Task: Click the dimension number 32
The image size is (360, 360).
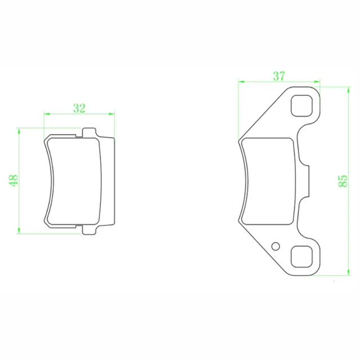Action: pyautogui.click(x=79, y=108)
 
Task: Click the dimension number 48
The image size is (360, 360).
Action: pyautogui.click(x=13, y=181)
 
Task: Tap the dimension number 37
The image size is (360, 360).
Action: pyautogui.click(x=279, y=76)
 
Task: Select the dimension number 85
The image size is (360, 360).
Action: pyautogui.click(x=343, y=181)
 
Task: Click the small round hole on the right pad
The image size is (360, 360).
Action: pyautogui.click(x=276, y=246)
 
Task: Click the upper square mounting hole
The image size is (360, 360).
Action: pyautogui.click(x=301, y=106)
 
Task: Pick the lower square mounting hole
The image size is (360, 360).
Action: pyautogui.click(x=301, y=256)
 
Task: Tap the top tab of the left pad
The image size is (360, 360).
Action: pyautogui.click(x=89, y=132)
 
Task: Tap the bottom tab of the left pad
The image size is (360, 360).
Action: pyautogui.click(x=89, y=230)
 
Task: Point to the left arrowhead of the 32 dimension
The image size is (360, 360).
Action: pyautogui.click(x=47, y=114)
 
